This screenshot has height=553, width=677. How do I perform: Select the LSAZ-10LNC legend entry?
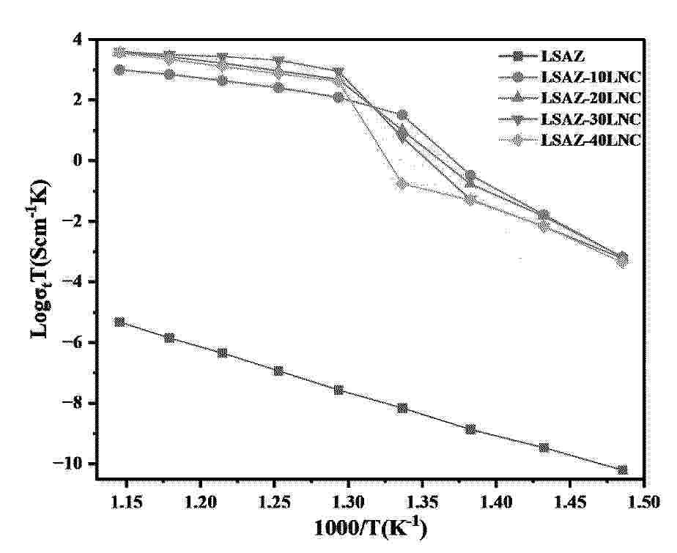(x=590, y=77)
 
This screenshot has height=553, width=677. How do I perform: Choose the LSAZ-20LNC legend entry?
(x=590, y=98)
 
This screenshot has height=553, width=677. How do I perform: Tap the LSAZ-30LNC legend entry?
(x=590, y=119)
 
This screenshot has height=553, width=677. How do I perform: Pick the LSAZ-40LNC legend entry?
(x=590, y=141)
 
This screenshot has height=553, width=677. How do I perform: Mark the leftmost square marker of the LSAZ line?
(x=119, y=322)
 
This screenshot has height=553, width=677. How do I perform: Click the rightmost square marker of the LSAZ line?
(x=623, y=470)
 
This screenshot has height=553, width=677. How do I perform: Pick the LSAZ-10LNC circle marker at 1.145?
(x=119, y=70)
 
